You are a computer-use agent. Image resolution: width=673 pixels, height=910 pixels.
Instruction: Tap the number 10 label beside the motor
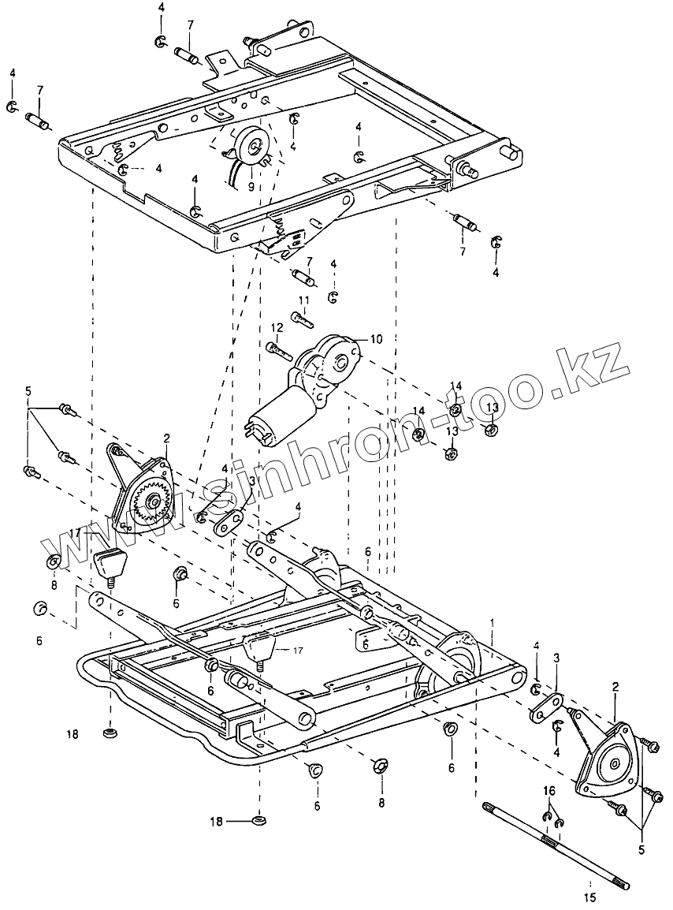(375, 339)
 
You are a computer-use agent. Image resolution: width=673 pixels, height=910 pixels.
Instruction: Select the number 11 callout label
(303, 300)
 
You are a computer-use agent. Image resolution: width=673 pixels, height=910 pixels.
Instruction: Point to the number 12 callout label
(277, 327)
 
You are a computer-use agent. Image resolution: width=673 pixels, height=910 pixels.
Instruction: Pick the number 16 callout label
(548, 791)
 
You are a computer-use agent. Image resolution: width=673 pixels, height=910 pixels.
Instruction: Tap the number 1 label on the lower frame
(493, 622)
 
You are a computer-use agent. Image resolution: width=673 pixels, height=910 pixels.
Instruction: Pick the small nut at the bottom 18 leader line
(258, 821)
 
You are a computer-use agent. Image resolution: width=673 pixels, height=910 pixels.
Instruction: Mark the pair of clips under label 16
(552, 820)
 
